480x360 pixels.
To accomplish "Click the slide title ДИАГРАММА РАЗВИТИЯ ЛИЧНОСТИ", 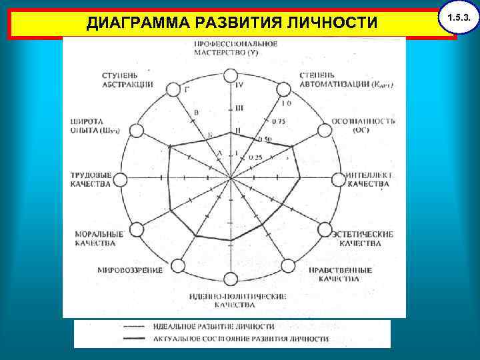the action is (x=232, y=23).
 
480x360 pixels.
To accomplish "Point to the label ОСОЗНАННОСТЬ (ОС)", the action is (x=363, y=125).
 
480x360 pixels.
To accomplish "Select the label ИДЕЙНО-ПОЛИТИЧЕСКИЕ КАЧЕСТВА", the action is (x=229, y=300).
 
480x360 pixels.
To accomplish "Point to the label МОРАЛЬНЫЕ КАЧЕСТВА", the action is (x=99, y=239).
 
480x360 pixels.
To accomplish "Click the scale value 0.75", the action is (x=279, y=121).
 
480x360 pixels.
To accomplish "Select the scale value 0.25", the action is (x=255, y=158).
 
